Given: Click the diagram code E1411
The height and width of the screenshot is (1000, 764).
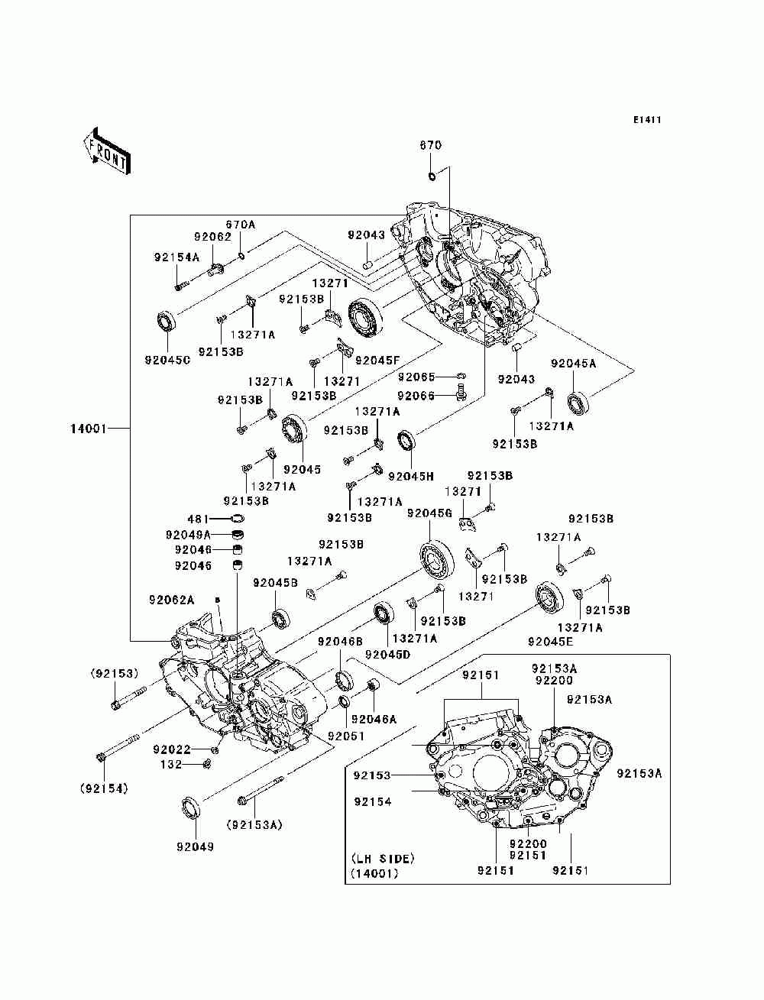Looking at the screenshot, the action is (x=646, y=120).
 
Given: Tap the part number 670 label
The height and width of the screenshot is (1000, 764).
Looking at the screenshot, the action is (x=430, y=145).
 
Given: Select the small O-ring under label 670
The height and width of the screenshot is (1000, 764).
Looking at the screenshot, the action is (x=432, y=176).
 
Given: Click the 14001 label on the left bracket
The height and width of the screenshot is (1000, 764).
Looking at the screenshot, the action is (x=88, y=429).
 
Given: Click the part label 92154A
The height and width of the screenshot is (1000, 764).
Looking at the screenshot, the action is (x=176, y=257).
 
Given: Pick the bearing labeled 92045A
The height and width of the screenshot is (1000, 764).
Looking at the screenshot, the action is (x=578, y=403).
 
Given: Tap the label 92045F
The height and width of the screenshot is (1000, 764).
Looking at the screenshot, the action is (x=377, y=361).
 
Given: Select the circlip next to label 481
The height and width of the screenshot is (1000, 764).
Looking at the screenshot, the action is (x=238, y=519).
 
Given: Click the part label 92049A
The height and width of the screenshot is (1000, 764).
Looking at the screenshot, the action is (x=188, y=534).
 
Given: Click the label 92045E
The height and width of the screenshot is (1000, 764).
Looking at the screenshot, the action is (x=550, y=642).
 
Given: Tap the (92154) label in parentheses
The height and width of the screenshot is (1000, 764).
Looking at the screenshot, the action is (x=104, y=789).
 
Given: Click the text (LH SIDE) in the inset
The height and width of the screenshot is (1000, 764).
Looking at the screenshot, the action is (x=383, y=859).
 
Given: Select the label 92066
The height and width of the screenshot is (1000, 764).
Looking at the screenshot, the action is (x=416, y=396).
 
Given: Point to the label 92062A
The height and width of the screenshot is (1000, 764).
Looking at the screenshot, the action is (x=172, y=600).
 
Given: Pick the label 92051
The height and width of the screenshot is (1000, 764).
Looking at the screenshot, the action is (x=346, y=736).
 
